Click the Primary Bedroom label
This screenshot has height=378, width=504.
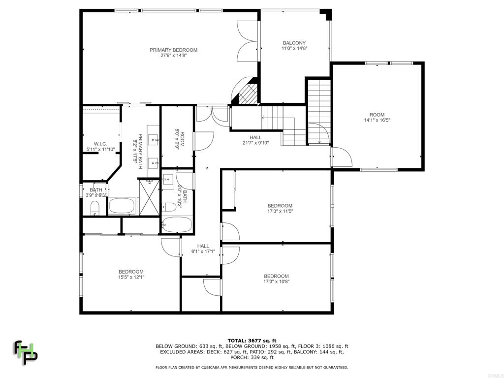pos(174,52)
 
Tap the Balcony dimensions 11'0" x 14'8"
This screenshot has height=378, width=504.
pos(294,49)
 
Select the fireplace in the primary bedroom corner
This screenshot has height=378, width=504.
pos(248,93)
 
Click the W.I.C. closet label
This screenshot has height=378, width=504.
pos(100,147)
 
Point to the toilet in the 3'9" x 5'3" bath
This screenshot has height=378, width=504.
pos(95,208)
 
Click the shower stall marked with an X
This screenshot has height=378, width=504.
pos(149,197)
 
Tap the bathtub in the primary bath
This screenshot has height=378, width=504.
pos(122,206)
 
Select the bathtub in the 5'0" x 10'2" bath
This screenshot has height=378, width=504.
pos(177,224)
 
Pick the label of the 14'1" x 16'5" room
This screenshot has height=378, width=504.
pos(377,117)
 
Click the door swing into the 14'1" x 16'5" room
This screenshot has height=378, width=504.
pos(343,157)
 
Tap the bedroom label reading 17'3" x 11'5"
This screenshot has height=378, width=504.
pos(280,208)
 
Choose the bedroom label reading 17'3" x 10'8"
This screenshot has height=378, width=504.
pos(277,279)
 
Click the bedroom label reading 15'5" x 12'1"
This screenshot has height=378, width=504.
pos(131,274)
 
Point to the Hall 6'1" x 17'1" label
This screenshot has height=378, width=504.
pos(203,249)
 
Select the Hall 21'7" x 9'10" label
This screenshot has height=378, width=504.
pos(255,140)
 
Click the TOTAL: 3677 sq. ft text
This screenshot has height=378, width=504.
pos(252,341)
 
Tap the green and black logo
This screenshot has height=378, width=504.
pos(25,352)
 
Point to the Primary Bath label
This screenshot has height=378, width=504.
pos(138,151)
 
